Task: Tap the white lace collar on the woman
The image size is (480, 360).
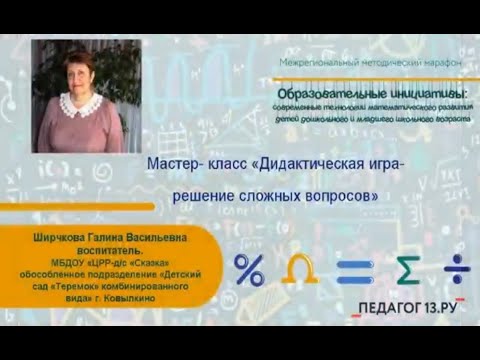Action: tap(79, 103)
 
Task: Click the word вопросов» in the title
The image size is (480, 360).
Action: tap(344, 196)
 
